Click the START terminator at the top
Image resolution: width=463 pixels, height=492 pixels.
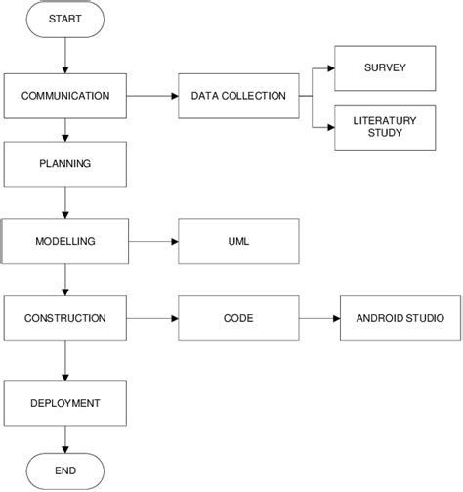(x=65, y=20)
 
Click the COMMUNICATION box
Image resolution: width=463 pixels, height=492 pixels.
(x=65, y=96)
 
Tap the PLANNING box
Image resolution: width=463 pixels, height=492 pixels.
(x=65, y=163)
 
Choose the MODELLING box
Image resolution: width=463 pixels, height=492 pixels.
(x=65, y=241)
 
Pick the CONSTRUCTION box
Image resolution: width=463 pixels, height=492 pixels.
(x=65, y=318)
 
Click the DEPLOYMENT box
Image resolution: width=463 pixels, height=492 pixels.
(x=65, y=402)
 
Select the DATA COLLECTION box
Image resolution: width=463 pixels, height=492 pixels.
(x=238, y=96)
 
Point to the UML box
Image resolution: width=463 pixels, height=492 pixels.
(x=238, y=241)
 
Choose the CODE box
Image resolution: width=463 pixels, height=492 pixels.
(x=238, y=318)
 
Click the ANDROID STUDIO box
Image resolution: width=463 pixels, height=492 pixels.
(x=400, y=318)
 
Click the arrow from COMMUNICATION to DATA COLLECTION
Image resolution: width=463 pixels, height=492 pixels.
(x=153, y=96)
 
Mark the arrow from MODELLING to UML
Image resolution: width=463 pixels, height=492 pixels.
(x=153, y=241)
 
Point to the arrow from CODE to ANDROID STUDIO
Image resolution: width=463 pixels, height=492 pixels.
(x=319, y=318)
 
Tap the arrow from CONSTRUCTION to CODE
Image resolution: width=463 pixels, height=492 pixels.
(x=153, y=318)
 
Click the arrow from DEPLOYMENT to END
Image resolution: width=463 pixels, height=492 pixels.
(x=65, y=438)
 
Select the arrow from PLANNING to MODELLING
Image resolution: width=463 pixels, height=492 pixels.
(x=65, y=202)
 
